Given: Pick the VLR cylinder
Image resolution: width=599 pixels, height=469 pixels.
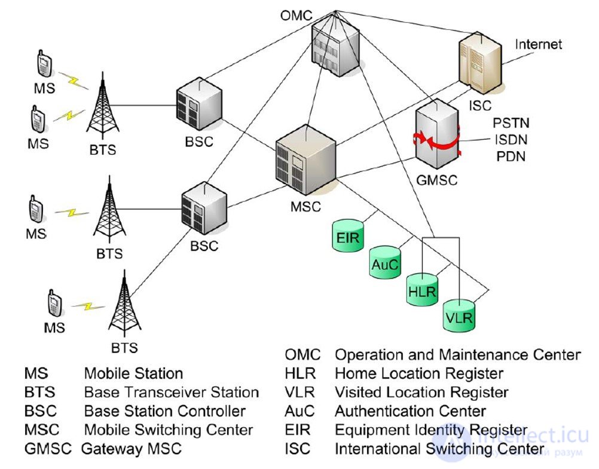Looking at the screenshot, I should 459,315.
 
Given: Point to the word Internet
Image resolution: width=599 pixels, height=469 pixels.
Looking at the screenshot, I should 539,45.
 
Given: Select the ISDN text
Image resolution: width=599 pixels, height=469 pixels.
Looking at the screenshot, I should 511,141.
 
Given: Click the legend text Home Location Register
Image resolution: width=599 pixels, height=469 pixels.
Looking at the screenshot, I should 418,374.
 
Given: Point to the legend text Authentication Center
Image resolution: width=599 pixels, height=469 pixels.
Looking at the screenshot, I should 410,411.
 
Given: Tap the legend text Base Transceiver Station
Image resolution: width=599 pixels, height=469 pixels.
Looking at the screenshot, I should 171,393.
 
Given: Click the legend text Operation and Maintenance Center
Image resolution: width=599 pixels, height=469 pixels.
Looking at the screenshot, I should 457,355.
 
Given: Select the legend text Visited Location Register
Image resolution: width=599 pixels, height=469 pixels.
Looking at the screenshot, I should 421,393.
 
